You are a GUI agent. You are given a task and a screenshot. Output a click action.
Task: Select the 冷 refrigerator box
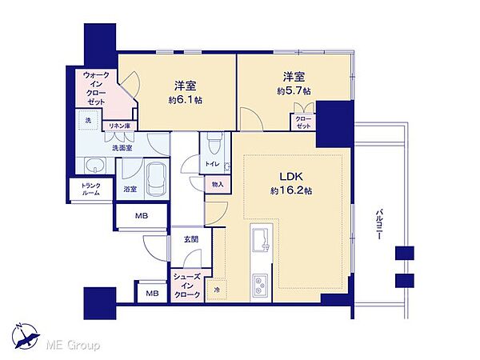[x=217, y=289]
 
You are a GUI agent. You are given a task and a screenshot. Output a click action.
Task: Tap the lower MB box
[x=150, y=294]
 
